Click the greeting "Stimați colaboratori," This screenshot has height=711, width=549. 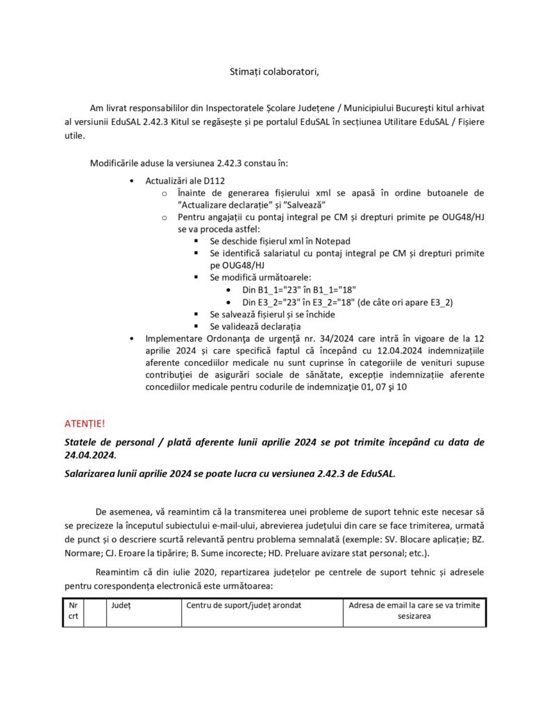coord(274,72)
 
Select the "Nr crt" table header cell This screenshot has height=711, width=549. coord(73,610)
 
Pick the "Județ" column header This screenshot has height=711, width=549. coord(121,605)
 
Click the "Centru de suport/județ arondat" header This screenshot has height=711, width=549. coord(243,605)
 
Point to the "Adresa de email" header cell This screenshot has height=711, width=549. coord(414,610)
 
